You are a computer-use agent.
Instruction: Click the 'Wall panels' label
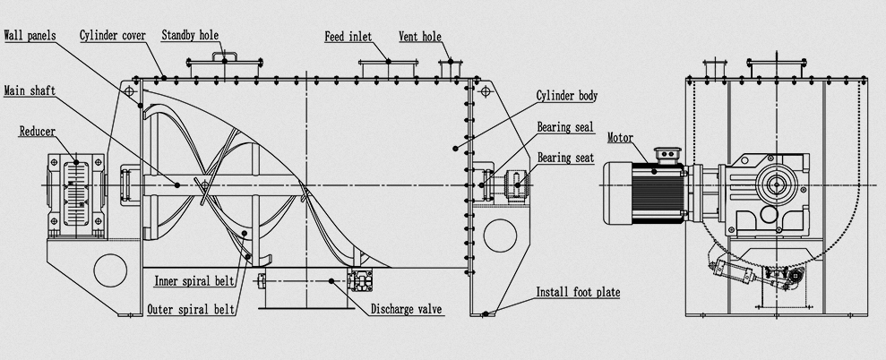click(30, 36)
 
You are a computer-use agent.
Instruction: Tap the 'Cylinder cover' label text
click(112, 36)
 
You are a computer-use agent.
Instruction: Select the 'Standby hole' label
click(190, 36)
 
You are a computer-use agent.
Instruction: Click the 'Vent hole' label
click(419, 37)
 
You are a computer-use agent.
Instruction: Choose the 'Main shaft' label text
click(26, 90)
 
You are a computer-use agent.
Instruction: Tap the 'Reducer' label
click(38, 132)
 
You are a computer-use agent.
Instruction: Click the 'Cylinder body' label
click(566, 95)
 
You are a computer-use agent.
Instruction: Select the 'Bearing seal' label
click(565, 127)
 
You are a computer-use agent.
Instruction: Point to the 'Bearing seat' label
click(565, 158)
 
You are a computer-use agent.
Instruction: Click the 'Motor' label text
click(621, 138)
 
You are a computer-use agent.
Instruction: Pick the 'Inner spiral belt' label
click(194, 280)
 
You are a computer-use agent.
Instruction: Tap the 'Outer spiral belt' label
click(192, 310)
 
